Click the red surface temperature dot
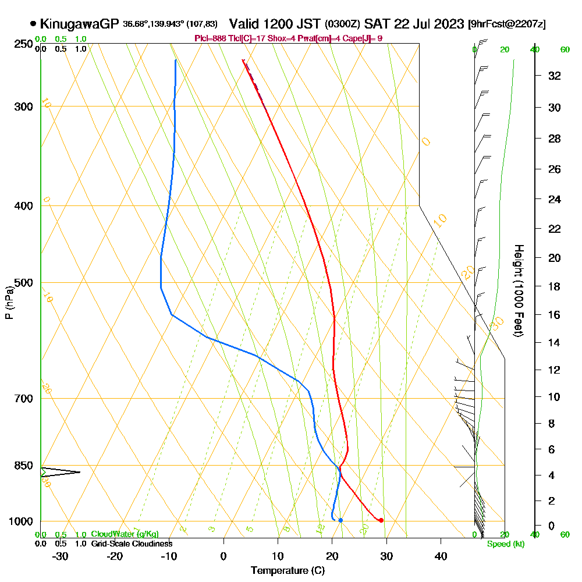click(x=381, y=520)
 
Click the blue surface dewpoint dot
click(x=340, y=520)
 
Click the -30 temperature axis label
click(x=61, y=556)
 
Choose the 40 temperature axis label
click(x=441, y=556)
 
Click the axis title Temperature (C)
click(x=288, y=570)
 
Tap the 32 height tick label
click(x=555, y=76)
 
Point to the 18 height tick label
click(x=555, y=286)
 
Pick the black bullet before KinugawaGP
click(x=33, y=24)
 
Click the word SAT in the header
click(x=376, y=24)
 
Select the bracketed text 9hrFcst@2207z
click(x=507, y=24)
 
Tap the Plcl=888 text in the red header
click(x=210, y=38)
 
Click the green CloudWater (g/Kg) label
click(x=125, y=534)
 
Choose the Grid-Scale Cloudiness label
click(x=131, y=544)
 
